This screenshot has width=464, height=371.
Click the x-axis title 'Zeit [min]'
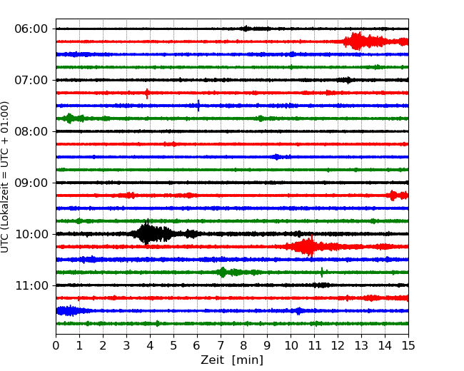(x=232, y=360)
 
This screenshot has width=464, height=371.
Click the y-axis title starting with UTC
(x=6, y=177)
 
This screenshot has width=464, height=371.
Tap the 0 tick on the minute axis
(x=56, y=345)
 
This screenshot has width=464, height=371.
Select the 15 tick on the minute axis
(x=408, y=345)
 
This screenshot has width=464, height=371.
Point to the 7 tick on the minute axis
(x=221, y=345)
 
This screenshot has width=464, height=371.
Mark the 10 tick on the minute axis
(x=291, y=345)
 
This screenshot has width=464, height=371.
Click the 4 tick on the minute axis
(x=150, y=345)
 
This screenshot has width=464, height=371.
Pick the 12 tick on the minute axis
(x=338, y=345)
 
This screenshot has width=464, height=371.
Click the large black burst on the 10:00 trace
(x=148, y=233)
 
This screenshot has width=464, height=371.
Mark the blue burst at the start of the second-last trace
(x=68, y=310)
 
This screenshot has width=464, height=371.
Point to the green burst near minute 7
(x=223, y=272)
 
